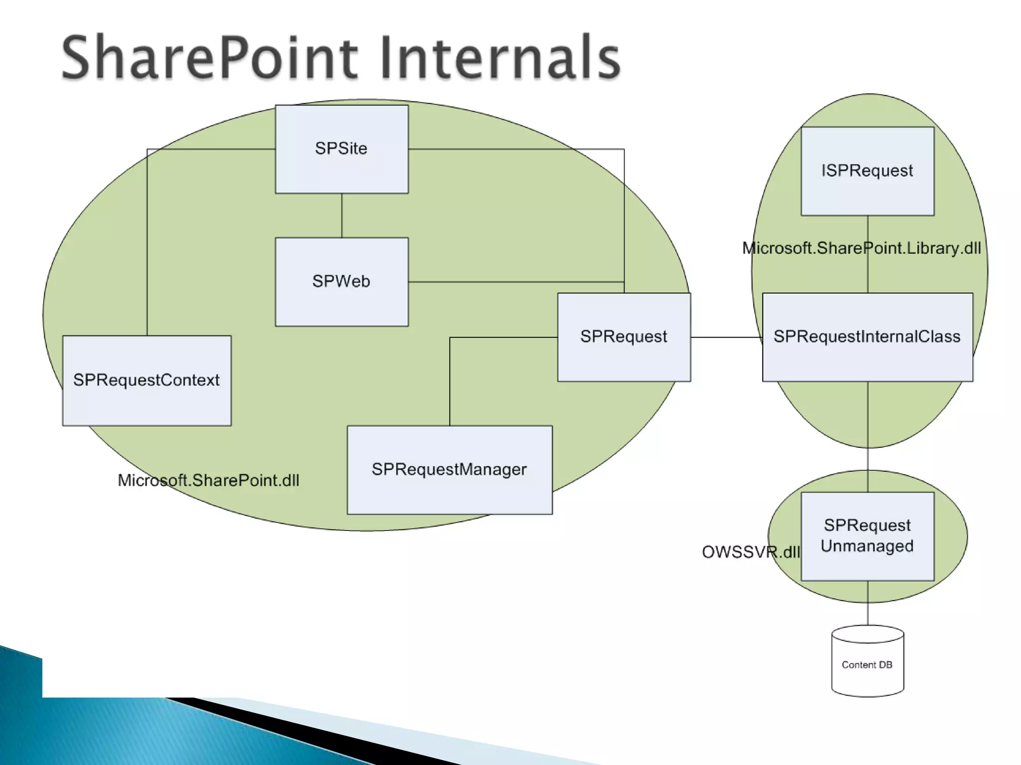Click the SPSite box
[x=341, y=149]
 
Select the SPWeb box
[x=341, y=282]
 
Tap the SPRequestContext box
[x=147, y=381]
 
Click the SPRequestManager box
[x=449, y=470]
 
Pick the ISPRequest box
[x=867, y=171]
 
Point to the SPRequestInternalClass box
[x=867, y=337]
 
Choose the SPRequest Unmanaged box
[x=867, y=536]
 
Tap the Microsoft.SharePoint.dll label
[x=208, y=481]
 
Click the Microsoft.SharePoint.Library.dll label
[x=861, y=248]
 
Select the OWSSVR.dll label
[x=750, y=552]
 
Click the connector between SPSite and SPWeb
[x=341, y=215]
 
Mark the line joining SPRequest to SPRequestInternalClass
[x=726, y=337]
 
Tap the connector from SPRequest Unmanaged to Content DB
[x=867, y=603]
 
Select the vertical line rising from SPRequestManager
[x=450, y=383]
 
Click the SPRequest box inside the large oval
[x=624, y=337]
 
